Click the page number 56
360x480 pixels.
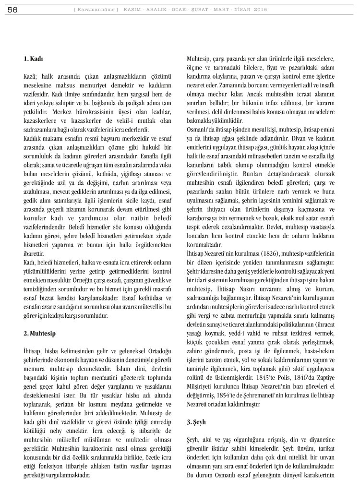(12, 9)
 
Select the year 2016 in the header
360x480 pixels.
(259, 10)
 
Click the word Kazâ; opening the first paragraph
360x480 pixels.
(31, 77)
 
